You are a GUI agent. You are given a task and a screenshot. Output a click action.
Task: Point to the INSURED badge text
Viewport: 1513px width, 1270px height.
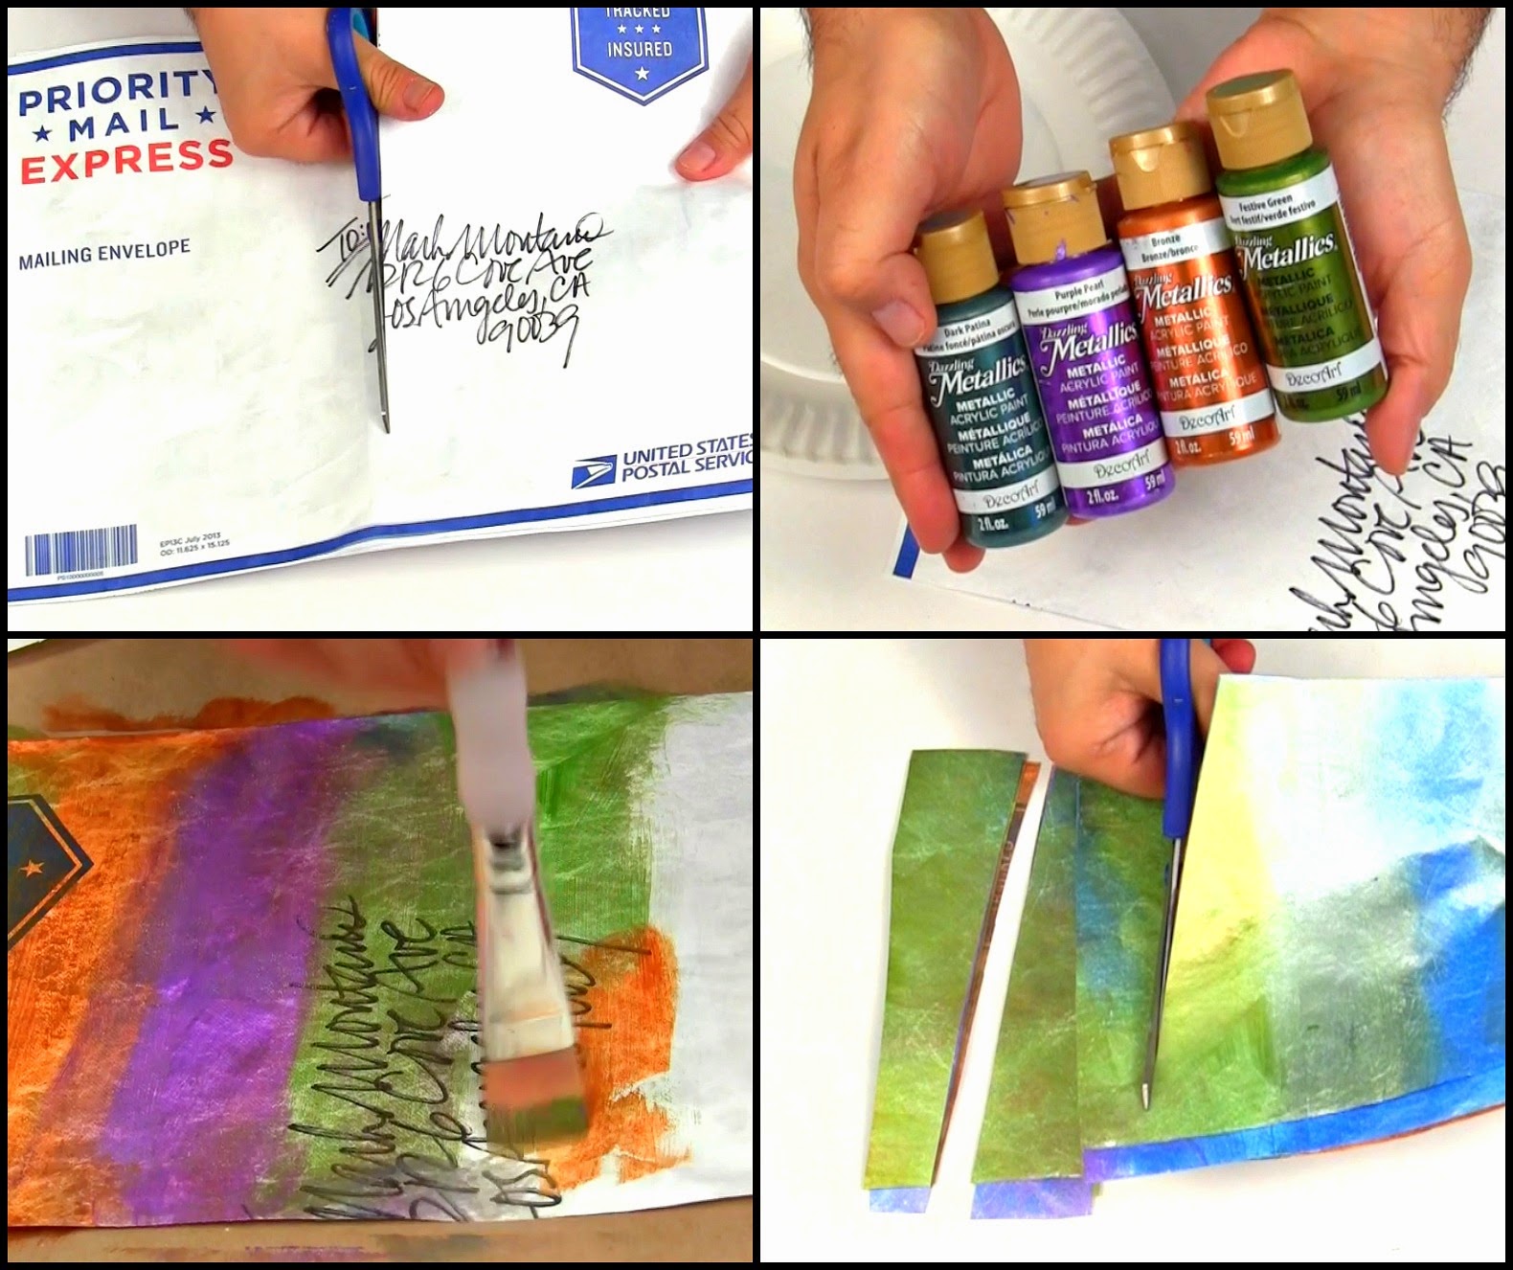(x=639, y=48)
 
